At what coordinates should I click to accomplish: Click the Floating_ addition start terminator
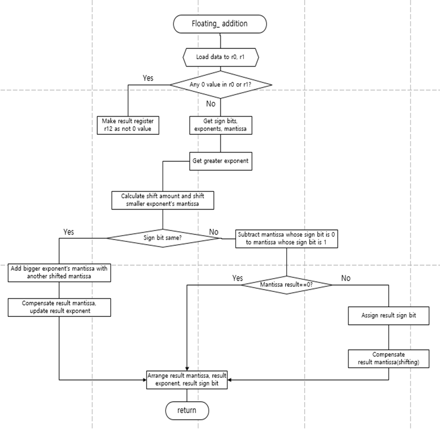coord(219,24)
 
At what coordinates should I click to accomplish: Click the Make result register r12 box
coord(128,125)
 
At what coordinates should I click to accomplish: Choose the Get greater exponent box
coord(219,161)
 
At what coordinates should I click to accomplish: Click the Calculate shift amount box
coord(163,199)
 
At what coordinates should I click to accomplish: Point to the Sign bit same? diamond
coord(163,238)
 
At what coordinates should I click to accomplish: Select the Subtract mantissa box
coord(287,238)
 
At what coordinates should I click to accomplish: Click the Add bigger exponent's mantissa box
coord(60,273)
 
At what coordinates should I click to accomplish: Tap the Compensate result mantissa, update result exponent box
coord(60,307)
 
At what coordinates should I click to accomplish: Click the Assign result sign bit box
coord(388,315)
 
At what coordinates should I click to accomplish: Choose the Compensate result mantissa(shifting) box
coord(388,358)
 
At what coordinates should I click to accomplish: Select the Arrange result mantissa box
coord(187,380)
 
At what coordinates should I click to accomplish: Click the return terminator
coord(187,410)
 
